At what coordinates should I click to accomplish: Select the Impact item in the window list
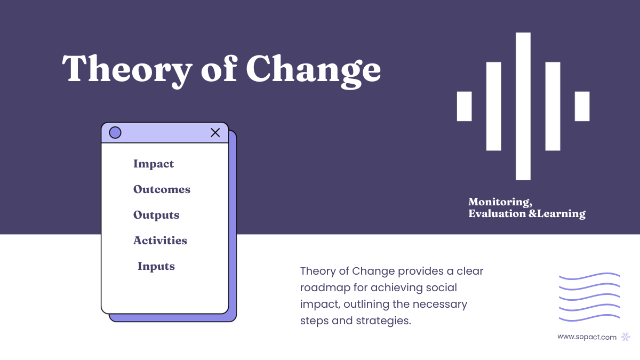tap(154, 164)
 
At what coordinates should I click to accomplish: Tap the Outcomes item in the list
tap(162, 189)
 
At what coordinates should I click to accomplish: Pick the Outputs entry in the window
tap(156, 215)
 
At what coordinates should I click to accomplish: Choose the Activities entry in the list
tap(160, 241)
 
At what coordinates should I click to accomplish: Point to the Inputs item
tap(156, 266)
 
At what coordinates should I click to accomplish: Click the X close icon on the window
tap(215, 133)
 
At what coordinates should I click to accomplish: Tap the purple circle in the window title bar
tap(115, 133)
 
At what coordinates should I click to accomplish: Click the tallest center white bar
tap(523, 107)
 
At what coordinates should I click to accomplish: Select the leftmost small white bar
tap(465, 106)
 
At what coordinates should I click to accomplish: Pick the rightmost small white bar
tap(582, 106)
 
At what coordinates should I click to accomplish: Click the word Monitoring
tap(500, 202)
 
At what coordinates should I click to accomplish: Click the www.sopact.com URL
tap(587, 337)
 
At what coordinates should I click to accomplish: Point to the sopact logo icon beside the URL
tap(626, 337)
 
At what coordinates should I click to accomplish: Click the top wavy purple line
tap(589, 276)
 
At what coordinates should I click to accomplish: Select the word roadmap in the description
tap(324, 287)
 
